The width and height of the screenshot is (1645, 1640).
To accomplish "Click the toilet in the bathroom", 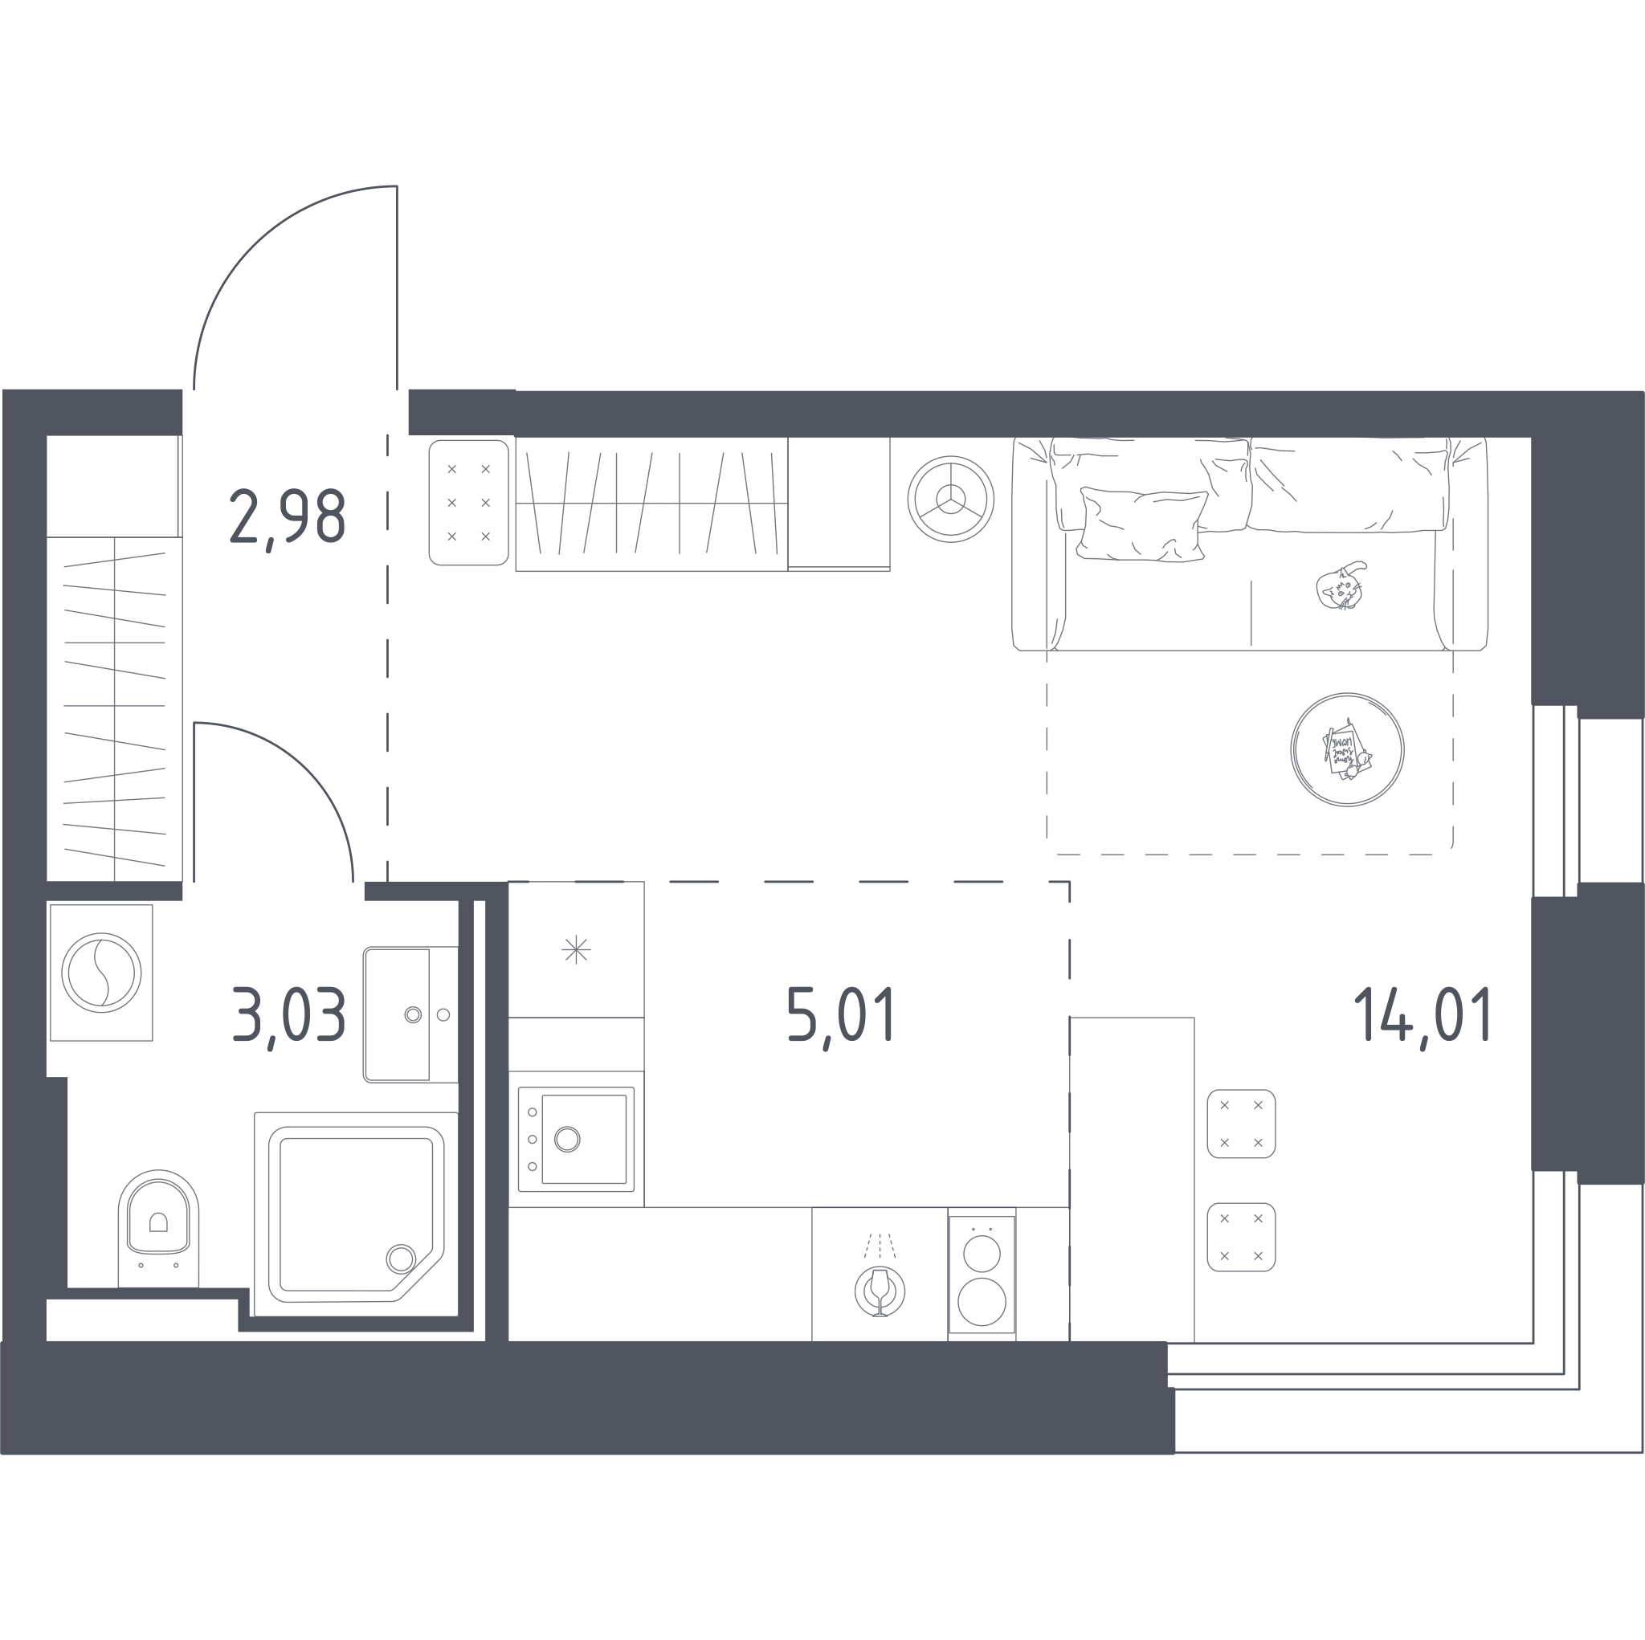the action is pos(158,1230).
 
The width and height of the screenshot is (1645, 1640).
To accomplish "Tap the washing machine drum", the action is pos(101,973).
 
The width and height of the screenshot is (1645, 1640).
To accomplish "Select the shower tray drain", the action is pos(401,1259).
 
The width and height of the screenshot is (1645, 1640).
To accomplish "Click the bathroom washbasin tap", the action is pos(414,1015).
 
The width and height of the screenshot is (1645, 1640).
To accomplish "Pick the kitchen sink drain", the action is pos(567,1139).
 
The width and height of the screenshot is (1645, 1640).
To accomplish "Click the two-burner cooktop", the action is pos(982,1275).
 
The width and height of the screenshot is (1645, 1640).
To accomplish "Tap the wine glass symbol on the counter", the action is pos(880,1291).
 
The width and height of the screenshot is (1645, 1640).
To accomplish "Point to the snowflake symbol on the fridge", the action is pos(577,949).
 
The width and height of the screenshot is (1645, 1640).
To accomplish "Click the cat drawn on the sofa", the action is pos(1341,585).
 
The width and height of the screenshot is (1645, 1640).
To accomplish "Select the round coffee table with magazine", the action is pos(1347,749).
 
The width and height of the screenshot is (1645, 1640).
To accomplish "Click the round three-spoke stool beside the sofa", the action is pos(951,498).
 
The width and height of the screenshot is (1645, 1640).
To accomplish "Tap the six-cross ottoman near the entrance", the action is pos(469,503).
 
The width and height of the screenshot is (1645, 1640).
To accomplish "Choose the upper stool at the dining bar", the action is pos(1242,1124).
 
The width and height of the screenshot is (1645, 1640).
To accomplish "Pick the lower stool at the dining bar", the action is pos(1242,1238).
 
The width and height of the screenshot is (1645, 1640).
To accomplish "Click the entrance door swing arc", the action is pos(253,245).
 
